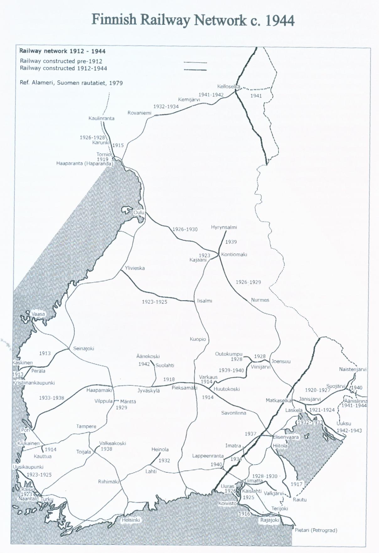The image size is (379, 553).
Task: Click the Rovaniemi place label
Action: (x=139, y=113)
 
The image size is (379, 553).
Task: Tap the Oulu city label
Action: (x=139, y=212)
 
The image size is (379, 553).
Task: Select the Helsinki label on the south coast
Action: (x=131, y=520)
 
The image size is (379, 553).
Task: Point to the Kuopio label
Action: (x=198, y=339)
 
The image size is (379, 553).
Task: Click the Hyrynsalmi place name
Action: (x=224, y=227)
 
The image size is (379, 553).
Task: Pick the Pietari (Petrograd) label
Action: (x=316, y=530)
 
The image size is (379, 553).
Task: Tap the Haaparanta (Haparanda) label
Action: (x=84, y=163)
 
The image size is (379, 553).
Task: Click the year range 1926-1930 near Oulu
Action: (x=185, y=229)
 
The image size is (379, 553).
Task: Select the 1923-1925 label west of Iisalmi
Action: (x=154, y=302)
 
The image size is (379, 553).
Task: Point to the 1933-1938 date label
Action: (x=51, y=398)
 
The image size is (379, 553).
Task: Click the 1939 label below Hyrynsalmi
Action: (x=231, y=242)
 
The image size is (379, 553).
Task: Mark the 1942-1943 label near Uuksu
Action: (x=349, y=430)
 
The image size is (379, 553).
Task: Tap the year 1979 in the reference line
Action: (x=116, y=83)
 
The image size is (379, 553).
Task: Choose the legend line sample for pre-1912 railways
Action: (x=195, y=63)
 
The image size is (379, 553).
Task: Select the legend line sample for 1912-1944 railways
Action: (x=195, y=70)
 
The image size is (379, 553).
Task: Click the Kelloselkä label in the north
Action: (x=228, y=86)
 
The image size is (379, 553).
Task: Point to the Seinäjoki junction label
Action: (x=83, y=348)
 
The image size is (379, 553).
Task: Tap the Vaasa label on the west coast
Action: (x=38, y=314)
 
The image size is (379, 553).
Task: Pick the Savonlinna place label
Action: (x=233, y=413)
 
